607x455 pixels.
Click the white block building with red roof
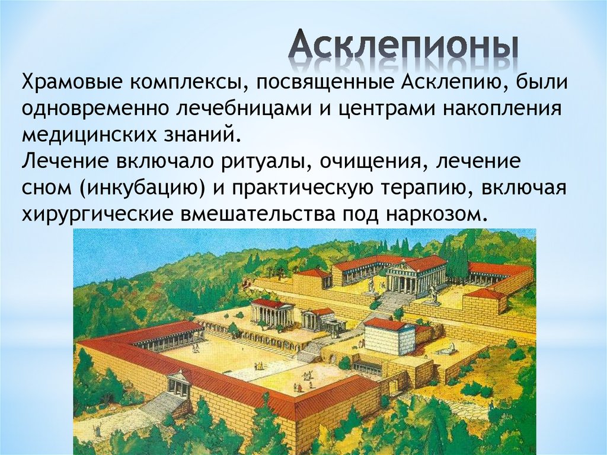click(389, 336)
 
